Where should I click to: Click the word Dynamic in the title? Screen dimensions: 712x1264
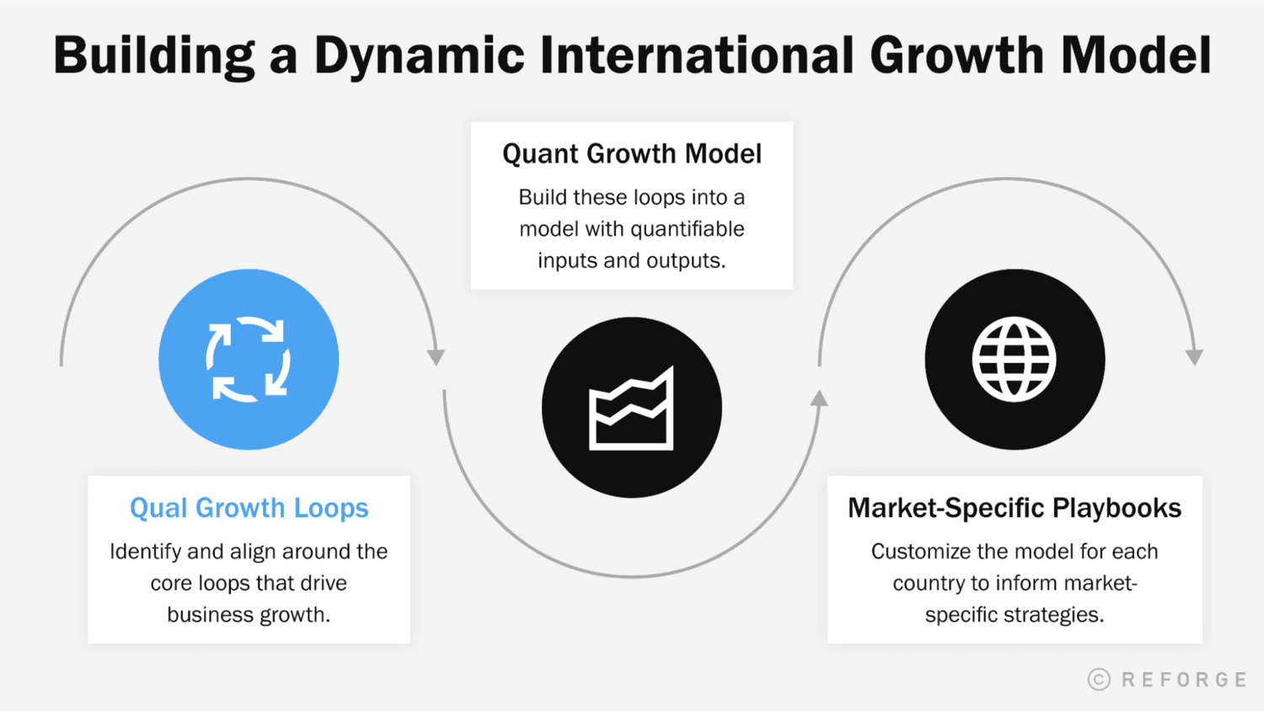[419, 56]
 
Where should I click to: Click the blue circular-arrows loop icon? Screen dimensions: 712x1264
[249, 360]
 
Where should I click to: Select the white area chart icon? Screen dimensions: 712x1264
[631, 409]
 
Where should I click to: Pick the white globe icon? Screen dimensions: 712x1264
[1014, 360]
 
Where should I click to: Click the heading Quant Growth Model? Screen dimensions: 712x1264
[632, 154]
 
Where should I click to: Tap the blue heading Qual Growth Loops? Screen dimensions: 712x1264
[249, 508]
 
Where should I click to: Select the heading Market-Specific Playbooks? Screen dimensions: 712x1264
[1015, 508]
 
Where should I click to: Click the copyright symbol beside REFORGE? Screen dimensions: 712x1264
[1099, 679]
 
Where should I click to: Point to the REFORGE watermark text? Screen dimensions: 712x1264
[1184, 680]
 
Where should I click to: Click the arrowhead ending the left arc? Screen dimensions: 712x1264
[436, 357]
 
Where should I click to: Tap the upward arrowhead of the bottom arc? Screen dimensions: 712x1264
[819, 399]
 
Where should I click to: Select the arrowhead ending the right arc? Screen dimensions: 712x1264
[1194, 357]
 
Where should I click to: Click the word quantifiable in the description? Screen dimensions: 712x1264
[687, 229]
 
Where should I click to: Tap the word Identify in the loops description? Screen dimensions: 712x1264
[146, 552]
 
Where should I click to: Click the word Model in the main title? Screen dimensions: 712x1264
[1135, 56]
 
